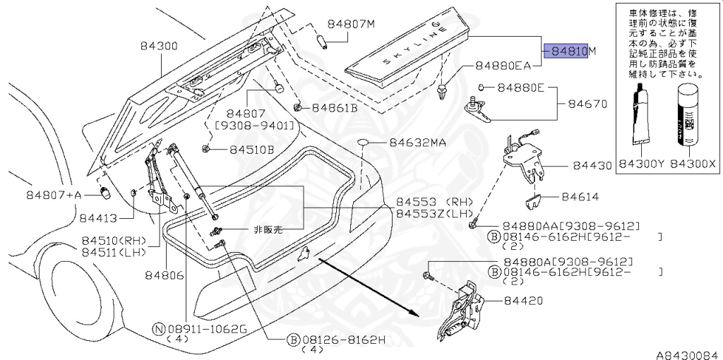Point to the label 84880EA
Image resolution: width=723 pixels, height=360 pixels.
point(503,66)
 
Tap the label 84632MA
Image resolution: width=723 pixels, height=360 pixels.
point(417,143)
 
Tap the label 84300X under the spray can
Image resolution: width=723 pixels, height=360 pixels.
point(693,164)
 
